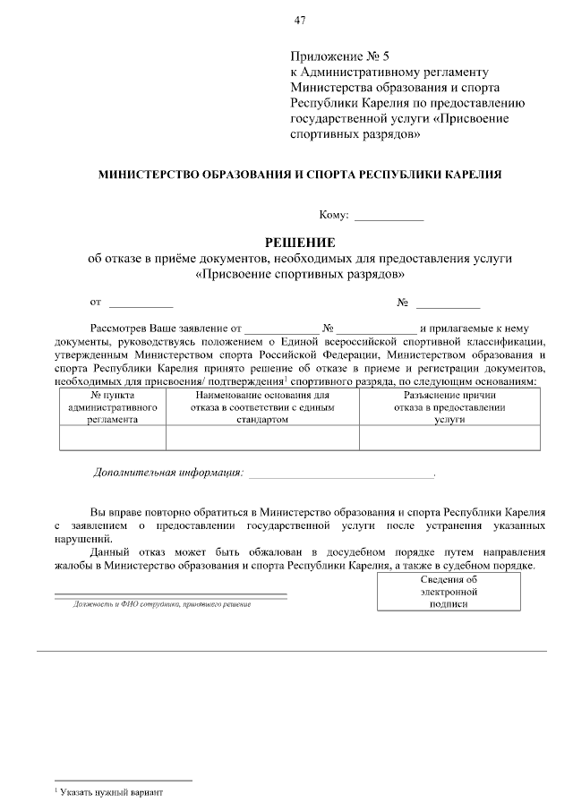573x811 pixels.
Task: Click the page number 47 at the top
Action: coord(299,20)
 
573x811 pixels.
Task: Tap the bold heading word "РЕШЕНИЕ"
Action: coord(299,243)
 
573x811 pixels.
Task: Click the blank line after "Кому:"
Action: coord(389,216)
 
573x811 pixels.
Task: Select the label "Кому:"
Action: coord(334,215)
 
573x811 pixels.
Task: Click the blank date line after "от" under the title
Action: coord(141,303)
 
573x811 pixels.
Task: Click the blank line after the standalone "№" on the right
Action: coord(448,303)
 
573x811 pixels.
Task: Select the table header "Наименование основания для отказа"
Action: coord(262,405)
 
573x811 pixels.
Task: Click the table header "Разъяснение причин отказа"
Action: coord(449,405)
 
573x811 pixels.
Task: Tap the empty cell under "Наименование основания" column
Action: coord(262,436)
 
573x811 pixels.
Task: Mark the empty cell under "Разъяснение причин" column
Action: coord(449,436)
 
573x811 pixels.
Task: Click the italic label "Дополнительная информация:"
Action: coord(168,472)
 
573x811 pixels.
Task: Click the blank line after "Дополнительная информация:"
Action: coord(340,473)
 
